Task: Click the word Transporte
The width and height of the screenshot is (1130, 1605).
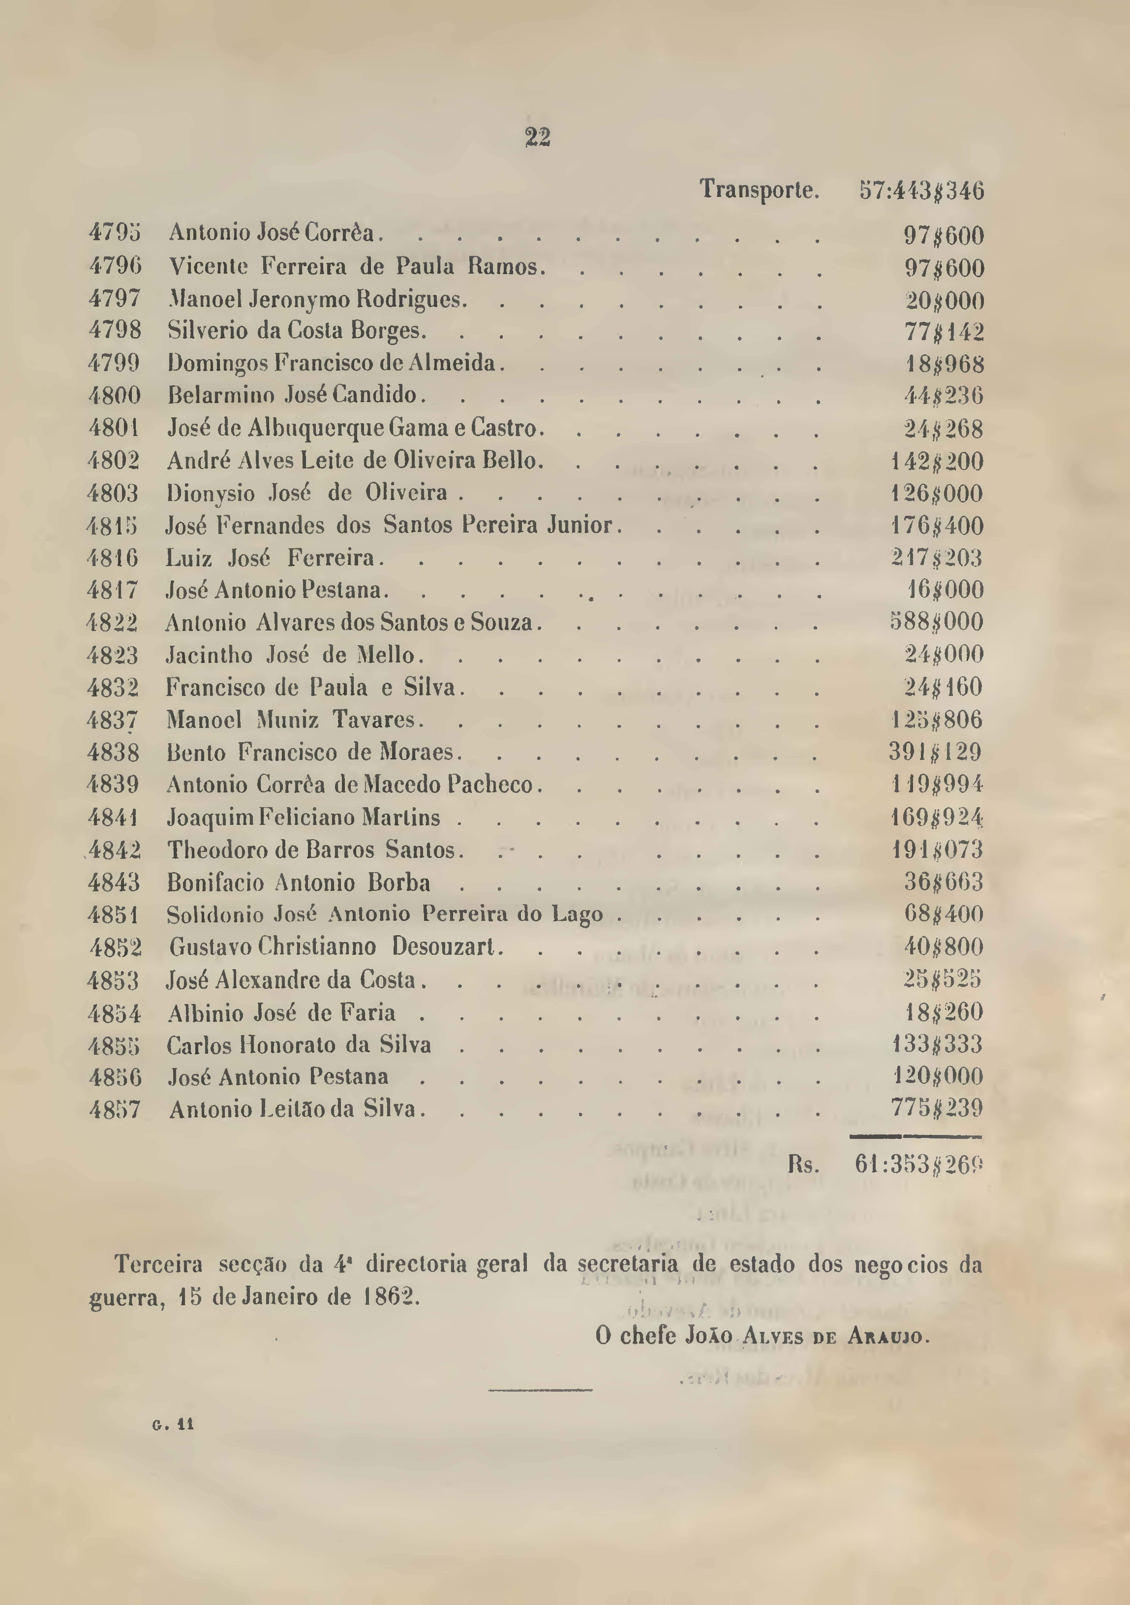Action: pos(759,189)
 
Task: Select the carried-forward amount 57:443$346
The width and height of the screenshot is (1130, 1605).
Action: pos(921,190)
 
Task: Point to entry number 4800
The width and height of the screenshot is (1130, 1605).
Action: pos(115,396)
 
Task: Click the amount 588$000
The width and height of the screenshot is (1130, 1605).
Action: pos(936,621)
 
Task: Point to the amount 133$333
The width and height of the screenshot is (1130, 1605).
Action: pos(937,1044)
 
